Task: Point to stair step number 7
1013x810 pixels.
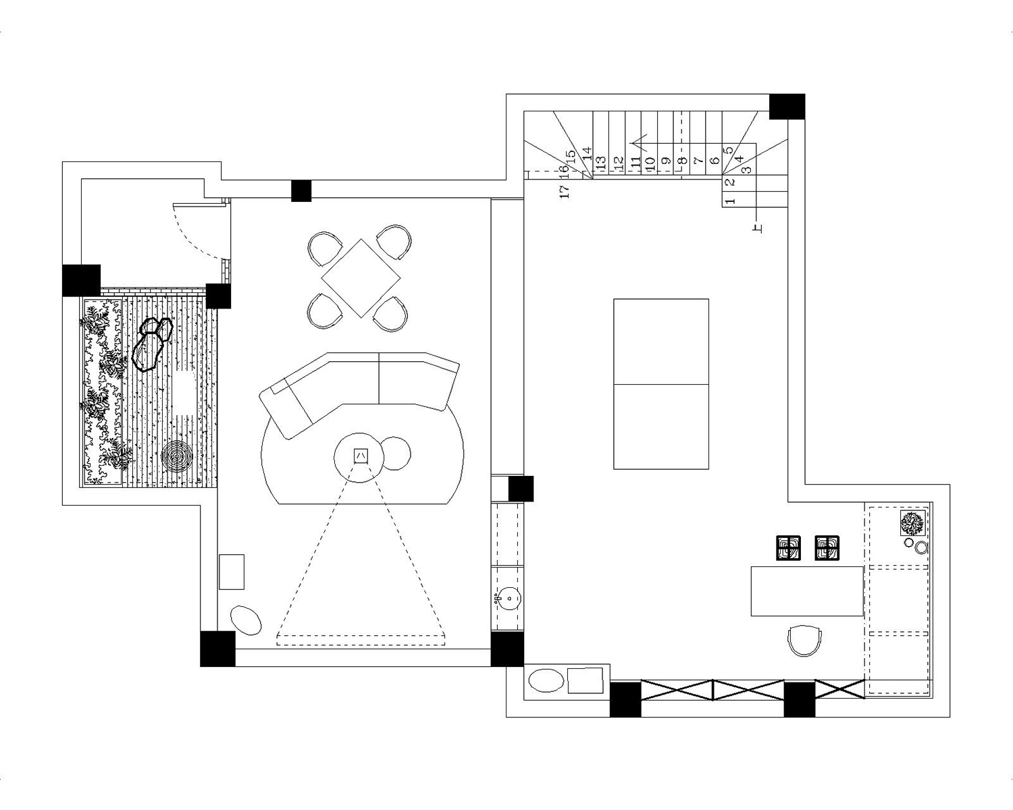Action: tap(699, 161)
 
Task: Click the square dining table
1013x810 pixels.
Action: tap(361, 278)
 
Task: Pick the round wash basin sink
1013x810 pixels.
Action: tap(508, 599)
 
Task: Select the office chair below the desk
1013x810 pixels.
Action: tap(804, 641)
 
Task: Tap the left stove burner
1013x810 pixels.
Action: tap(788, 548)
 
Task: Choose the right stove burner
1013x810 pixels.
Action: tap(827, 548)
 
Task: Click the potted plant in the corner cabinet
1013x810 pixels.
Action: tap(912, 523)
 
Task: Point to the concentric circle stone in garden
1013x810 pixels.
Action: tap(176, 456)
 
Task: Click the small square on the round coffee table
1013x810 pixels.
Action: tap(361, 456)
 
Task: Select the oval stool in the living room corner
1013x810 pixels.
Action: tap(245, 620)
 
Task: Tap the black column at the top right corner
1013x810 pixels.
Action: tap(787, 107)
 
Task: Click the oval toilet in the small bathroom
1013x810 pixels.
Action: tap(546, 680)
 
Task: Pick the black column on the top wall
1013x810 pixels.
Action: tap(301, 191)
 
